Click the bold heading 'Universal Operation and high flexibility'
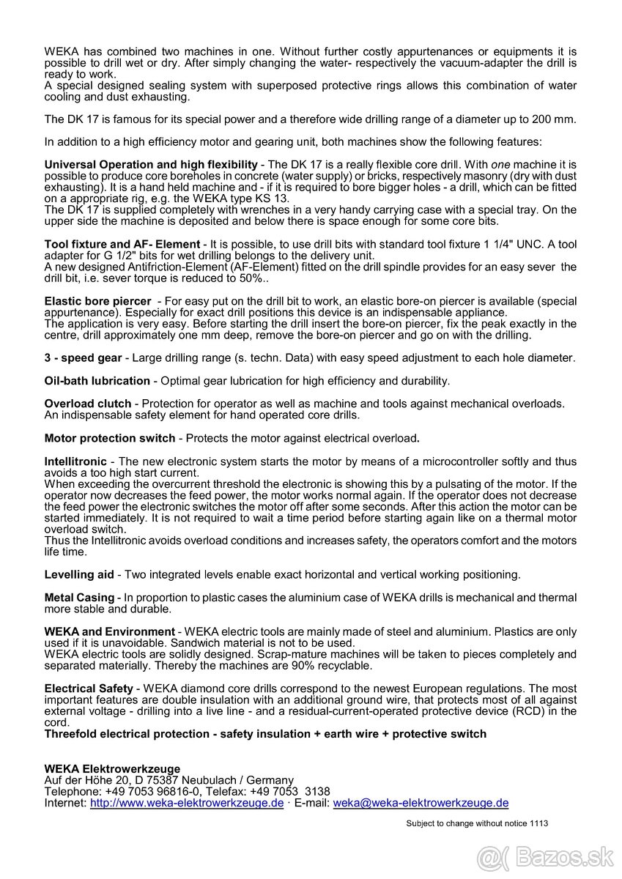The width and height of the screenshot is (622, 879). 151,165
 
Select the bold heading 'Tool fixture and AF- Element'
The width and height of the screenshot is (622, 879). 122,244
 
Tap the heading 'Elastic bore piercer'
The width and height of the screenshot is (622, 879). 97,301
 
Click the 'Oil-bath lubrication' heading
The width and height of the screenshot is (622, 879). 97,381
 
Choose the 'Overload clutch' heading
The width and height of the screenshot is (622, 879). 88,404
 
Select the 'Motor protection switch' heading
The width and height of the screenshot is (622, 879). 110,438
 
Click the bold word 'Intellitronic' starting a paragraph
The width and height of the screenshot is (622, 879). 75,461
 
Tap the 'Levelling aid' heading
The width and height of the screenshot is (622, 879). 79,574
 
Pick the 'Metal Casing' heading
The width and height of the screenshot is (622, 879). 79,598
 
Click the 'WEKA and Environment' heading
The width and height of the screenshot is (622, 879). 109,631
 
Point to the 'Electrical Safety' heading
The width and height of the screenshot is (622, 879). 89,689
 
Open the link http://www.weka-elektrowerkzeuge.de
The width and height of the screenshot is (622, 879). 187,803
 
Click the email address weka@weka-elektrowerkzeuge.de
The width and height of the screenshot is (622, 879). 421,803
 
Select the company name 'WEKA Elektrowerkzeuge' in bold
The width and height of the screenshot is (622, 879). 112,768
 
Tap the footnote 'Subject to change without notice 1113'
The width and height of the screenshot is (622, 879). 477,823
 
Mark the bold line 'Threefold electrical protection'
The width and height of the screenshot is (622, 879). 265,734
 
